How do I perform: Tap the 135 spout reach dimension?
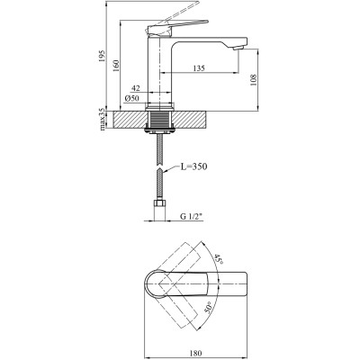pos(200,67)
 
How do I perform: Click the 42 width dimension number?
pos(136,87)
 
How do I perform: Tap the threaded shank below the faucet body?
pos(159,119)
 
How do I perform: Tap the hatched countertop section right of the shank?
pos(193,119)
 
